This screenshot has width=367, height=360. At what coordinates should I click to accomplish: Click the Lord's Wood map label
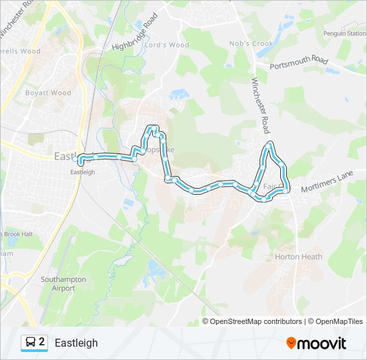167,45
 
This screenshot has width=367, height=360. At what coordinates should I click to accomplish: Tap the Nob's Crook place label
252,44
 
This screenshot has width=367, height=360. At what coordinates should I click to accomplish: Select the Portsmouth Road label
299,64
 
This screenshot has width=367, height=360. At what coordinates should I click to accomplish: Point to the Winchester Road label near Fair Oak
260,104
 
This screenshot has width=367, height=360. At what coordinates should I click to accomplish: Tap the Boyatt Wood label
48,93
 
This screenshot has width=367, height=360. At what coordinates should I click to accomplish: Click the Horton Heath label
298,257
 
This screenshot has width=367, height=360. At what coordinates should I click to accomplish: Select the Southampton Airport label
63,284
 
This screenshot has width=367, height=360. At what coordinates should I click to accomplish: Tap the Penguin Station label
345,33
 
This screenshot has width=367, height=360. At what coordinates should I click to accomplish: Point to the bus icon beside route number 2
31,343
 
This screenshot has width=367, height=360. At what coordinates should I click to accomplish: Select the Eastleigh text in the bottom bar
76,343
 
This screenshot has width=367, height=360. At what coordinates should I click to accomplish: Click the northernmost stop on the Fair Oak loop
270,144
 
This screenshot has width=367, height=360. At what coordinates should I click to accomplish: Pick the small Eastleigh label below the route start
83,171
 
